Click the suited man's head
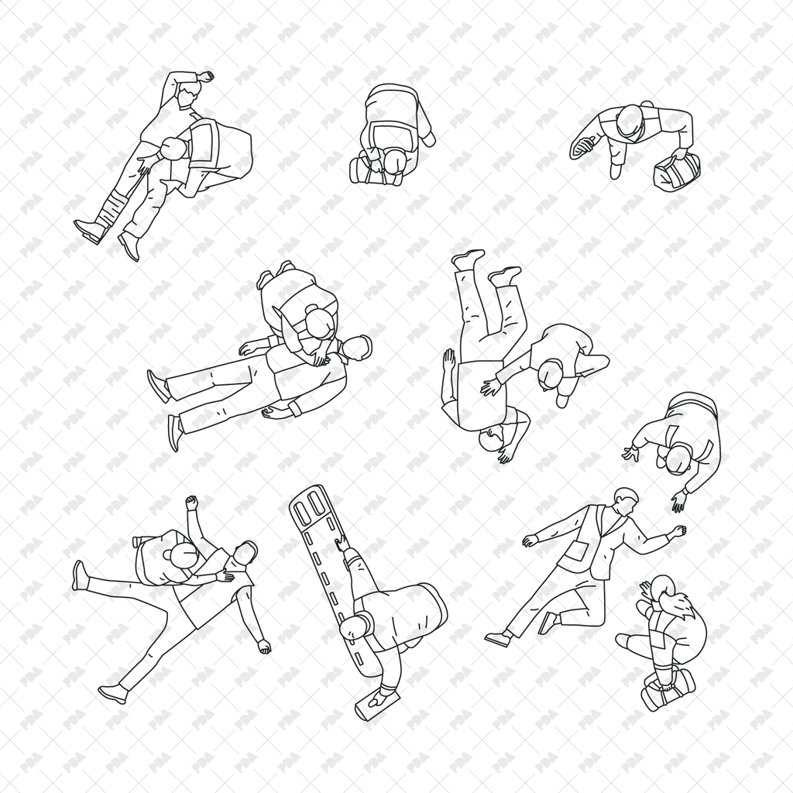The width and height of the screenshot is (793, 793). pos(624,499)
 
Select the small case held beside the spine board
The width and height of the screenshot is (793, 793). pos(377,702)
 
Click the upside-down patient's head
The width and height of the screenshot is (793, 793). pos(491,439)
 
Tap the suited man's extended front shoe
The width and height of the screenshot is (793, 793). pos(497,639)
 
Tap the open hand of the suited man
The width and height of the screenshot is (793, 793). pos(530,541)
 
